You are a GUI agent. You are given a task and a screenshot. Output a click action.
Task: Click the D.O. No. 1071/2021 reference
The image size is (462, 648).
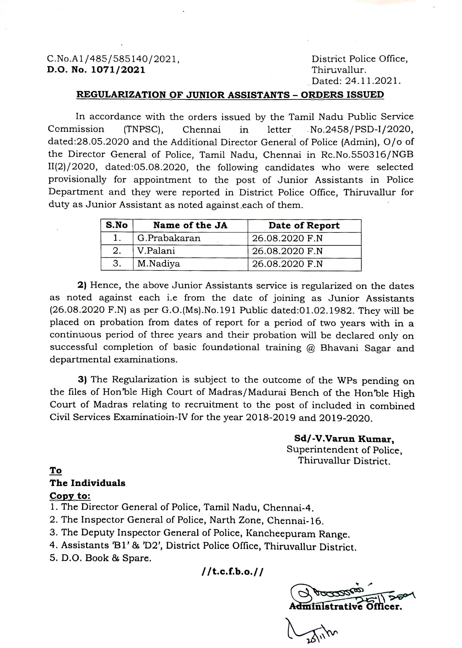[96, 70]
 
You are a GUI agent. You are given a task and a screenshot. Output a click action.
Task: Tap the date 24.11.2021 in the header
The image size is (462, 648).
[373, 81]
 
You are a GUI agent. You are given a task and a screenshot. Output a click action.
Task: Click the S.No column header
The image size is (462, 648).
[117, 226]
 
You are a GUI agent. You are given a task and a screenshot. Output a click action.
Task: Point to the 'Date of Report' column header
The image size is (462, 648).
[304, 226]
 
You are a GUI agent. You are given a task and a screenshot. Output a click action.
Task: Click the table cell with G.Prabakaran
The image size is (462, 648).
[169, 238]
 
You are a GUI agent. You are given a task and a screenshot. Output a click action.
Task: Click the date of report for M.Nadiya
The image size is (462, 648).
[287, 264]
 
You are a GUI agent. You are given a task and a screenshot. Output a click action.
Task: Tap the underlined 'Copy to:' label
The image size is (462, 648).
[70, 496]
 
